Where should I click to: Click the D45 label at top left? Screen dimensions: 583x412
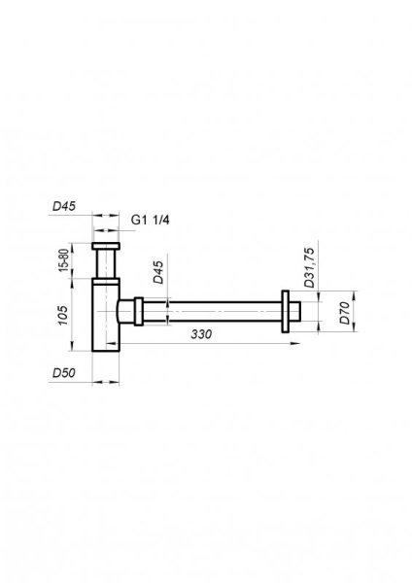point(64,207)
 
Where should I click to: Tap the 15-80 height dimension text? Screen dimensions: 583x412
point(63,261)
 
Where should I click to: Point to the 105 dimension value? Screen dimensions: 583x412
point(63,316)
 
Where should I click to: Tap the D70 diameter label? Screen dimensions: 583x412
point(343,312)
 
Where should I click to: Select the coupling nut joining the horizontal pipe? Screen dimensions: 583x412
point(140,312)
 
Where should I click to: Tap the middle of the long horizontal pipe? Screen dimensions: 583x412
point(214,312)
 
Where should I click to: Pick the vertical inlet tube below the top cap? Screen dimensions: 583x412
point(105,264)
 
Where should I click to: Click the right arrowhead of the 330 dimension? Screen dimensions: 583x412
point(285,341)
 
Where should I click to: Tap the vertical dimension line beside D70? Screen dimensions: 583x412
point(356,312)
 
